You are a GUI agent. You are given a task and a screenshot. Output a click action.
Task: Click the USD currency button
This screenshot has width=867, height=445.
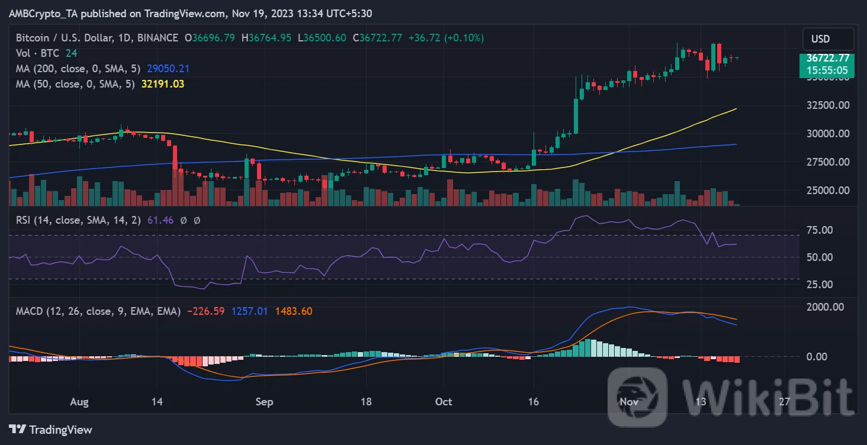[828, 39]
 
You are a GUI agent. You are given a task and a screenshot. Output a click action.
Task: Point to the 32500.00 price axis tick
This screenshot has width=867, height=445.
[829, 105]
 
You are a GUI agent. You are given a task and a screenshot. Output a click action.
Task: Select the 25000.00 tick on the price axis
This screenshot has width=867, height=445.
[829, 191]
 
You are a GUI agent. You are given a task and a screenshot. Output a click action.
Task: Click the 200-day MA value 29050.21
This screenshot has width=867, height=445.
[168, 69]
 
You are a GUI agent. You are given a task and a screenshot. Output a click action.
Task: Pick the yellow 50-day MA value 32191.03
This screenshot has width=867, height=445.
[163, 84]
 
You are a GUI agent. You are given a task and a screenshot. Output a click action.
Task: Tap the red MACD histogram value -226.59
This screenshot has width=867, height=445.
[205, 311]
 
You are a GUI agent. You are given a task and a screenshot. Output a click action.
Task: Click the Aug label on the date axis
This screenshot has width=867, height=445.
[79, 402]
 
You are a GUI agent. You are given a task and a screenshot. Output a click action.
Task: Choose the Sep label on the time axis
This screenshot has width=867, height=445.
[264, 402]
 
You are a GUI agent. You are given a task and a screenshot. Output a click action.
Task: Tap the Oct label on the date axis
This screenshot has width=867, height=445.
[444, 402]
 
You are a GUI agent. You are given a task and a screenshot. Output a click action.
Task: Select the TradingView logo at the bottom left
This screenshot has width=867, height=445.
[51, 430]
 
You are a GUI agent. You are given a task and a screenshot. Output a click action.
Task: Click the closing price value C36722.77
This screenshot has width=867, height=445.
[377, 38]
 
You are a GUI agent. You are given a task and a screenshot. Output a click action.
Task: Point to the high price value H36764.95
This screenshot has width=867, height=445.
[269, 38]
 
